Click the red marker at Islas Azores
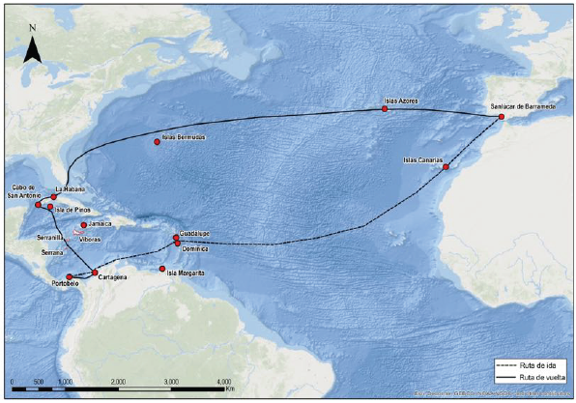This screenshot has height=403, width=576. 385,109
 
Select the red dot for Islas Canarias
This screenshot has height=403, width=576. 446,167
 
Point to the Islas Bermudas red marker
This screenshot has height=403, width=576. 156,143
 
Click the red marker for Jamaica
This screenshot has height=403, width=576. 84,225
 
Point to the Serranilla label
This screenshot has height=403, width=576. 50,237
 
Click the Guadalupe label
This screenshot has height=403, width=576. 195,233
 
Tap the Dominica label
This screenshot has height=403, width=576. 196,248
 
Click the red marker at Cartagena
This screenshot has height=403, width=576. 95,273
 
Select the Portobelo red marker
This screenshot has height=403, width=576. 70,277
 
